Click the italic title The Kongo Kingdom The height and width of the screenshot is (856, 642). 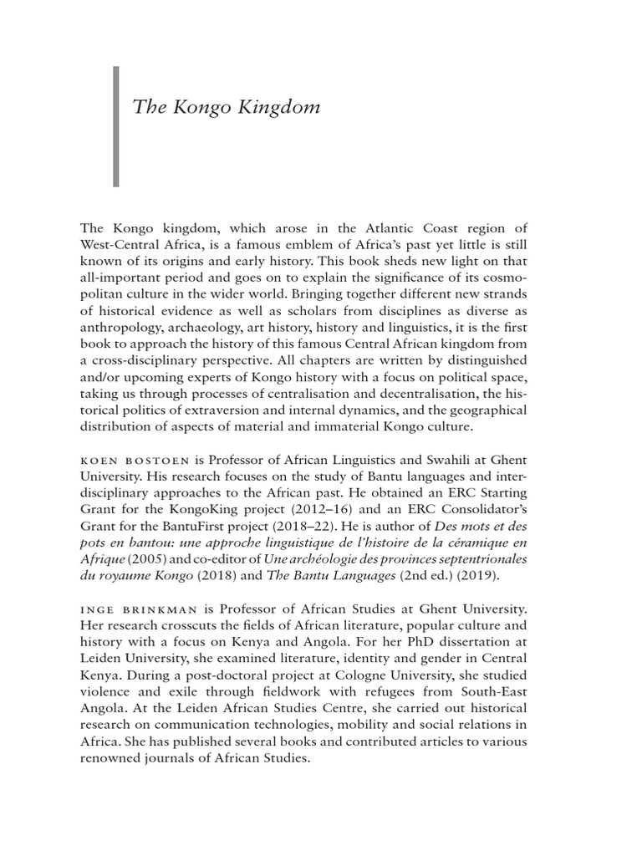tap(226, 108)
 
